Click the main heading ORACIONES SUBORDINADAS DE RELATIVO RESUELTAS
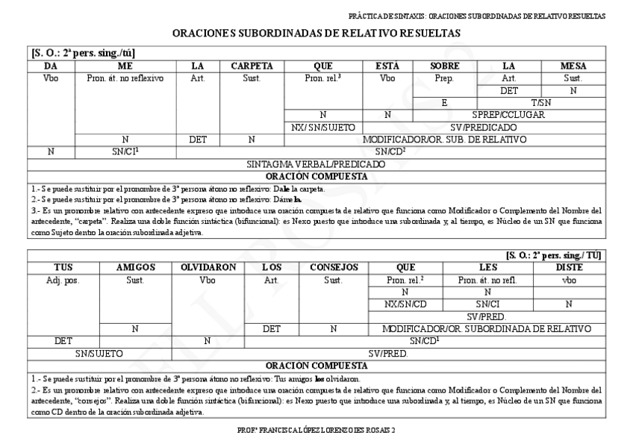coord(316,34)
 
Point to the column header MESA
coord(573,66)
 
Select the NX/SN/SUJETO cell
coord(324,127)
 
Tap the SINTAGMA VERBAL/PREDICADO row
coord(316,163)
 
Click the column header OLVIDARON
coord(208,266)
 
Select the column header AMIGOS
coord(135,266)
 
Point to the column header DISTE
coord(569,266)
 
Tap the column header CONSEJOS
coord(334,266)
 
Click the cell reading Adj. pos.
coord(63,279)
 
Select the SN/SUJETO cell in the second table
coord(99,353)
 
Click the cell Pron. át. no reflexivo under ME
coord(125,78)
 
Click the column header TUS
coord(63,266)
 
